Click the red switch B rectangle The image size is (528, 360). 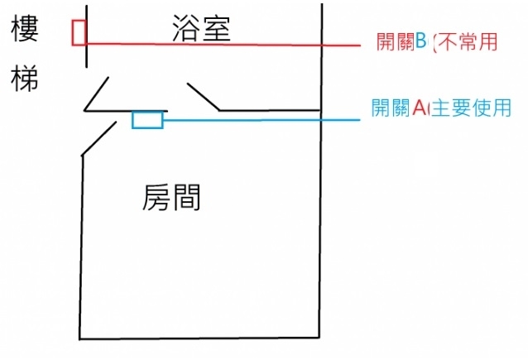pos(79,31)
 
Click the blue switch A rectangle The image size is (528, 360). pos(147,120)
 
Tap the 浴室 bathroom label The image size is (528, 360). pos(200,28)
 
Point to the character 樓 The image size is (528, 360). pos(25,31)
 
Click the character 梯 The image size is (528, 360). pos(25,79)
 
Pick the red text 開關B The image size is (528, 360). pos(401,41)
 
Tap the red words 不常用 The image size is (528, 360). pos(467,41)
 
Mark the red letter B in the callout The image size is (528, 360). pos(420,41)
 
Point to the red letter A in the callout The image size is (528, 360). pos(419,108)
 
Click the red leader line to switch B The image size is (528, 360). pos(248,45)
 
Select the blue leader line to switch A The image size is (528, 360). pos(265,120)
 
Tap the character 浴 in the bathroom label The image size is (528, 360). pos(186,28)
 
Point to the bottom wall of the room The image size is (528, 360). pos(199,338)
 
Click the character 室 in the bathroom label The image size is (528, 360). pos(215,28)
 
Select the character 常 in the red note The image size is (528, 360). pos(467,41)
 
